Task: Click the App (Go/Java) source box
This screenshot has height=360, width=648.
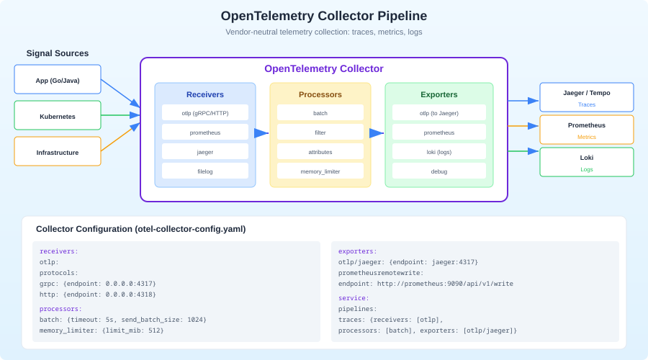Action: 58,79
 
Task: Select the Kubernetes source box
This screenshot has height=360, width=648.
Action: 58,115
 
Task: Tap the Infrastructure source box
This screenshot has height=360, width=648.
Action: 58,151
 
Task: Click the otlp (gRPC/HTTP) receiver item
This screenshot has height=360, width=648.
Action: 205,113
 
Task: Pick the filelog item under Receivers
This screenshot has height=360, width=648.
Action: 205,171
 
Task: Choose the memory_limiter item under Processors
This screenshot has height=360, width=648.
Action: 320,171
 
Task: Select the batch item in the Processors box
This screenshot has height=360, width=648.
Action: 320,113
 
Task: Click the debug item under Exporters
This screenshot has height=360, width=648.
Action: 438,171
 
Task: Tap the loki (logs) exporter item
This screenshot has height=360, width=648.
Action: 438,152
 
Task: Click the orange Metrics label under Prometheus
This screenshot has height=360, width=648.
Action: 586,137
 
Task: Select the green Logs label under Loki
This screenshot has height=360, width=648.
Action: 586,169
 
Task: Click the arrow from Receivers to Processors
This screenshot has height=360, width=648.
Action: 262,132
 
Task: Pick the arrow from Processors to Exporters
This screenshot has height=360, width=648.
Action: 377,132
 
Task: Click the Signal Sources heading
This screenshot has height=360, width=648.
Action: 58,53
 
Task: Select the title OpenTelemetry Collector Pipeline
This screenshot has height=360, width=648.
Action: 323,16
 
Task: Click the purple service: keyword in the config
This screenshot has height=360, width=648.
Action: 354,298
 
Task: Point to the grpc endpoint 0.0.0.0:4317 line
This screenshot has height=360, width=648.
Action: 98,284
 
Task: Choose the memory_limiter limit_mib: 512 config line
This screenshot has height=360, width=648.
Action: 102,330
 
